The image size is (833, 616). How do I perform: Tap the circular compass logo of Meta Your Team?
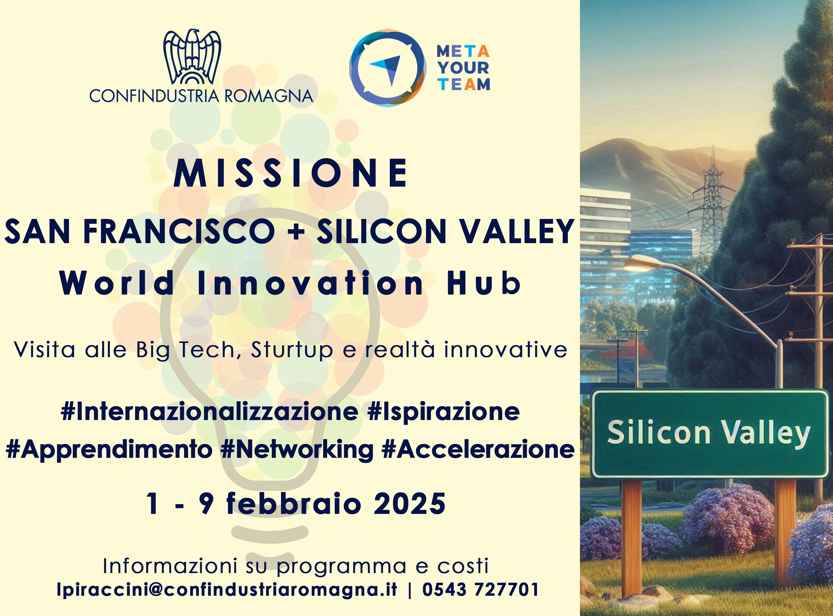pyautogui.click(x=388, y=67)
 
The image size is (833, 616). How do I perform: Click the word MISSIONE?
pyautogui.click(x=291, y=173)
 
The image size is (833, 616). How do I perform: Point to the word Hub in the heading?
pyautogui.click(x=483, y=283)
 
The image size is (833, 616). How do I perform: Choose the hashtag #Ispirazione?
pyautogui.click(x=443, y=412)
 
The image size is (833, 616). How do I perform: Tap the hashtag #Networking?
pyautogui.click(x=297, y=450)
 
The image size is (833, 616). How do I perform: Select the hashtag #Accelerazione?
pyautogui.click(x=478, y=449)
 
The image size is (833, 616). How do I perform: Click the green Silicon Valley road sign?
pyautogui.click(x=709, y=434)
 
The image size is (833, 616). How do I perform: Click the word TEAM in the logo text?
pyautogui.click(x=464, y=85)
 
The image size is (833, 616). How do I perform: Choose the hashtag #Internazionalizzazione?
pyautogui.click(x=210, y=412)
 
